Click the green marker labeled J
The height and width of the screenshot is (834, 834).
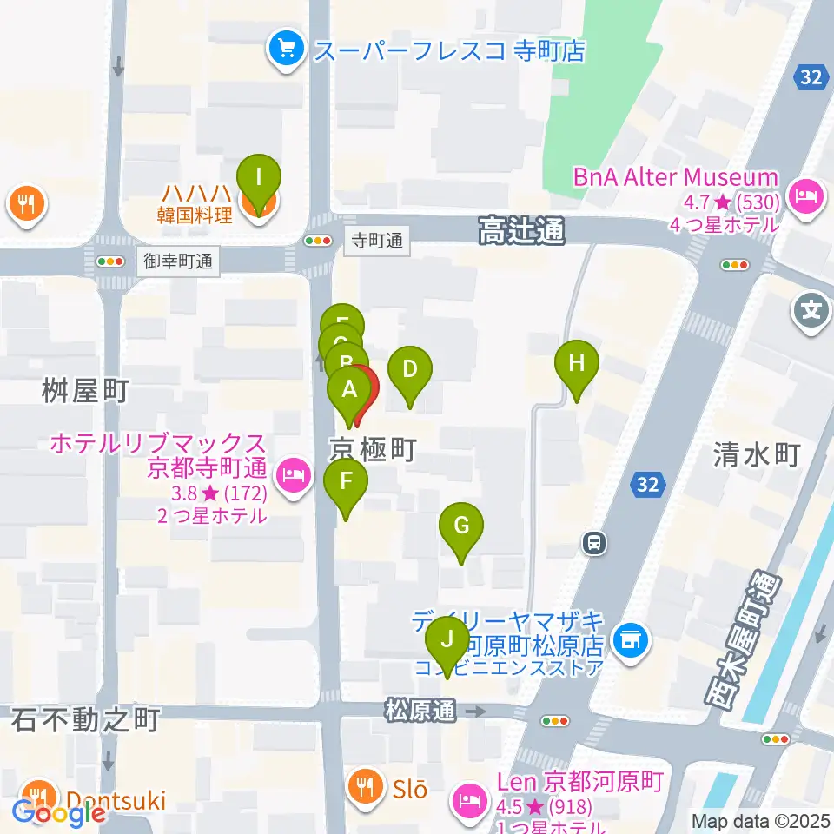(x=447, y=641)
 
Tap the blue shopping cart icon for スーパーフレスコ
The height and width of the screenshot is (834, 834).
(x=285, y=47)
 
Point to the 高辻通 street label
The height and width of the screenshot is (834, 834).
(x=521, y=231)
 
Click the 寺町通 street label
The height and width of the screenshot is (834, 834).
(x=377, y=241)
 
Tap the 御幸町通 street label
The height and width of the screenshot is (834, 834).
(x=177, y=259)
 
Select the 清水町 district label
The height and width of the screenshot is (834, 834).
(x=755, y=453)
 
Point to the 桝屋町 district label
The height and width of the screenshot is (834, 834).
(x=85, y=392)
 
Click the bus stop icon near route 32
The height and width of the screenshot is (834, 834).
(x=593, y=544)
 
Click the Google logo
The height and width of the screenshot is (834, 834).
(x=59, y=813)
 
